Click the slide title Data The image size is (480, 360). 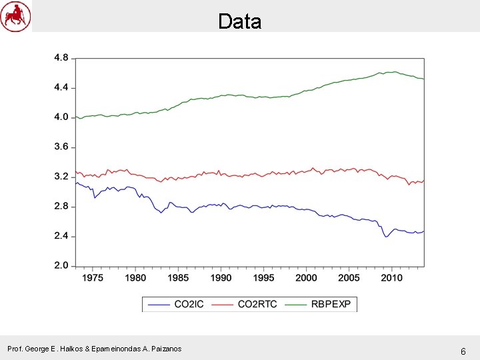[239, 21]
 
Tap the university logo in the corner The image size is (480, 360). [15, 16]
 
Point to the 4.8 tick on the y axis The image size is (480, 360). [61, 58]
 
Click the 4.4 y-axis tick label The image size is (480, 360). [61, 88]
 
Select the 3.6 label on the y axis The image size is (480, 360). [61, 147]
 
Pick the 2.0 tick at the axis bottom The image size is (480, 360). [61, 266]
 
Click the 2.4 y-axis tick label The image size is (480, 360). [61, 237]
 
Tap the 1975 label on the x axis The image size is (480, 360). [93, 278]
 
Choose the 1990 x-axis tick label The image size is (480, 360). [221, 278]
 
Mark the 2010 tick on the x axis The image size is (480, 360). [391, 278]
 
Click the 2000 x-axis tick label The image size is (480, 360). [306, 278]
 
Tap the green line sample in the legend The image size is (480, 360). [295, 305]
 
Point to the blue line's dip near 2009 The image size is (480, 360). [385, 237]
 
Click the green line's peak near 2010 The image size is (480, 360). [395, 72]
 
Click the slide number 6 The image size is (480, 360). [463, 351]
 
